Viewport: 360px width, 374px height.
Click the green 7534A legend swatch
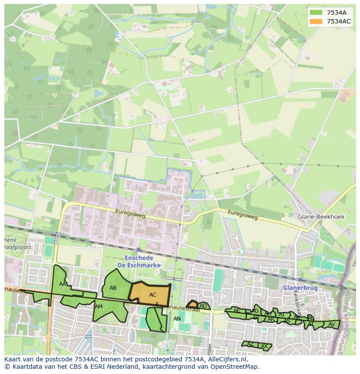[316, 13]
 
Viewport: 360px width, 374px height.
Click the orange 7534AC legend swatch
[316, 21]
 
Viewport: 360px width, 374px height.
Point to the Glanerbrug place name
[300, 288]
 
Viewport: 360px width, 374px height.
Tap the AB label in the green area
[113, 288]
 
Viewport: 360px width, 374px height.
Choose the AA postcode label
[63, 284]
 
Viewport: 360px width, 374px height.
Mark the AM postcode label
[99, 307]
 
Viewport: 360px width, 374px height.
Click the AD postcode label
[203, 306]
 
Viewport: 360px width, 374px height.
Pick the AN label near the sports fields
[177, 319]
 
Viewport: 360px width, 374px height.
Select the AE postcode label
[237, 311]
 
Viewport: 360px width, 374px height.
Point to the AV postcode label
[331, 324]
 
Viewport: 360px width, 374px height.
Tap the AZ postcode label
[250, 344]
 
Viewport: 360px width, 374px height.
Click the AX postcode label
[264, 346]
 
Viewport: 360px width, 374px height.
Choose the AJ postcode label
[281, 314]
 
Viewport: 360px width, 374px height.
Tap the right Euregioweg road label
[243, 214]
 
